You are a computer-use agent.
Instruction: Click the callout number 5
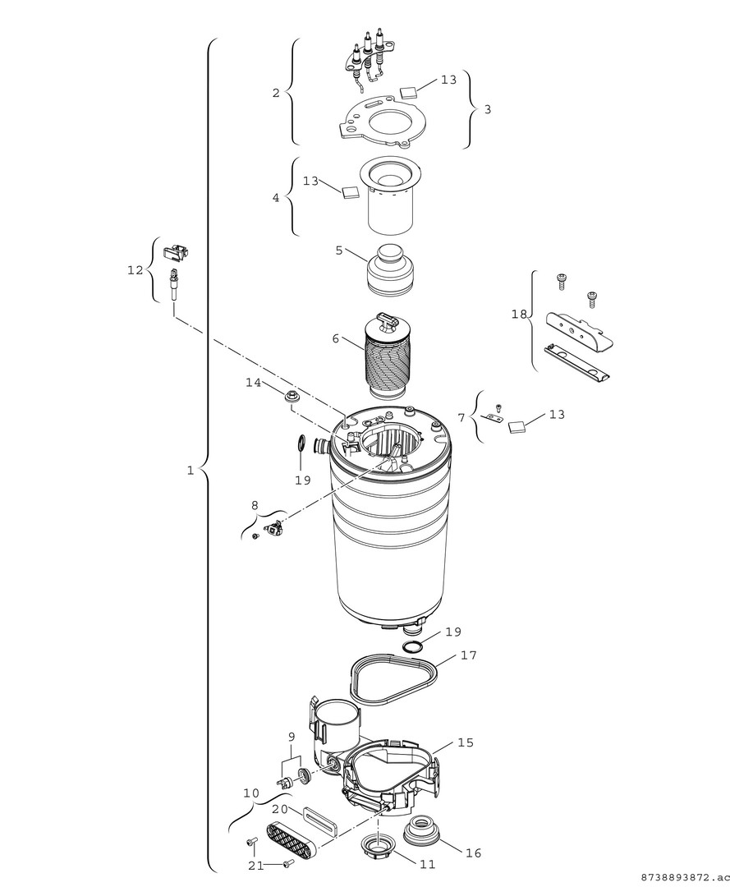[x=338, y=250]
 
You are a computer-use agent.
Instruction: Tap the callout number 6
[x=335, y=338]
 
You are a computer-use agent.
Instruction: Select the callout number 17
[x=468, y=655]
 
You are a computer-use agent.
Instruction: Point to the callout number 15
[x=466, y=742]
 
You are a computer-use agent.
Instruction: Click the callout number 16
[x=473, y=853]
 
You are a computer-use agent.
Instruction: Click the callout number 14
[x=253, y=383]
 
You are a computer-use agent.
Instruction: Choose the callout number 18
[x=519, y=315]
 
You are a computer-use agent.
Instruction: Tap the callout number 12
[x=135, y=269]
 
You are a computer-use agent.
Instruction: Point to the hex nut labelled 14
[x=292, y=398]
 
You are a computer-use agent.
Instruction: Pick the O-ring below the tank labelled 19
[x=414, y=649]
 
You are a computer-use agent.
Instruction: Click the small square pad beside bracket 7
[x=517, y=426]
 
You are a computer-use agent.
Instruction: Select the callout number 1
[x=190, y=471]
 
